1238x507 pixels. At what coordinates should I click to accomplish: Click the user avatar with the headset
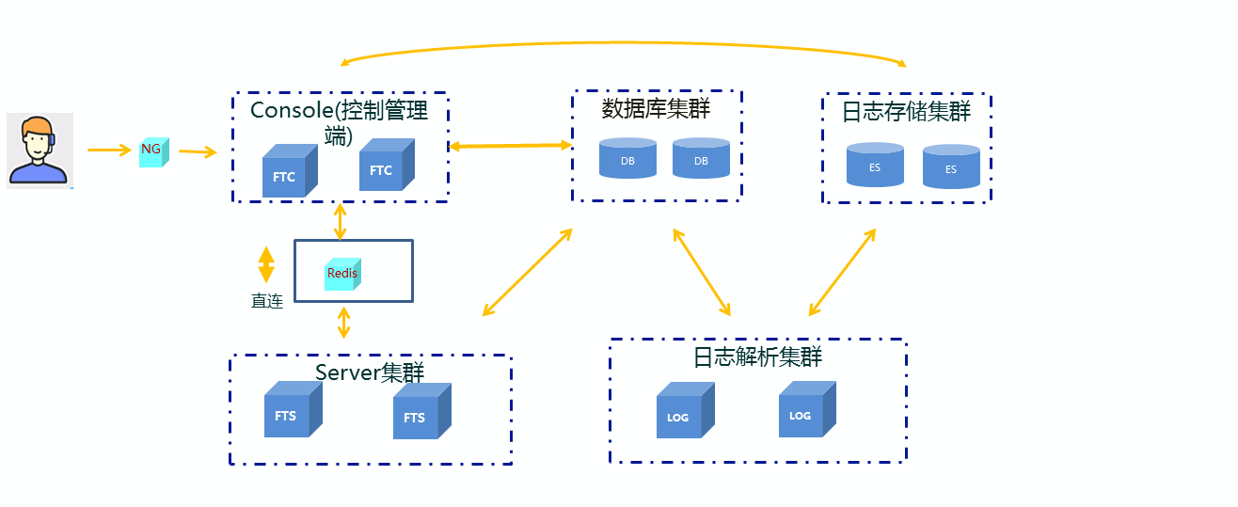40,151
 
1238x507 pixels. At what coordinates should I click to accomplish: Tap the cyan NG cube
152,151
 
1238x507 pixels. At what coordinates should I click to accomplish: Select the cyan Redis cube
341,274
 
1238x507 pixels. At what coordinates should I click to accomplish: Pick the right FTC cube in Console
386,166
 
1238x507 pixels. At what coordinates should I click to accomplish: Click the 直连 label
267,302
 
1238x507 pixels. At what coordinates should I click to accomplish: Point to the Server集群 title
370,372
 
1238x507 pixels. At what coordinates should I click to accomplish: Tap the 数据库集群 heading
656,108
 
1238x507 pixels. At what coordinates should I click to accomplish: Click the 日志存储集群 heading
906,112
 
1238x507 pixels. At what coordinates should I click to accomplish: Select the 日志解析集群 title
757,357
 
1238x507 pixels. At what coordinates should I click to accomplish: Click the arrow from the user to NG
109,150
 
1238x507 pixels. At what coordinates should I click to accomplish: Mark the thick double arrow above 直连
266,264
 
